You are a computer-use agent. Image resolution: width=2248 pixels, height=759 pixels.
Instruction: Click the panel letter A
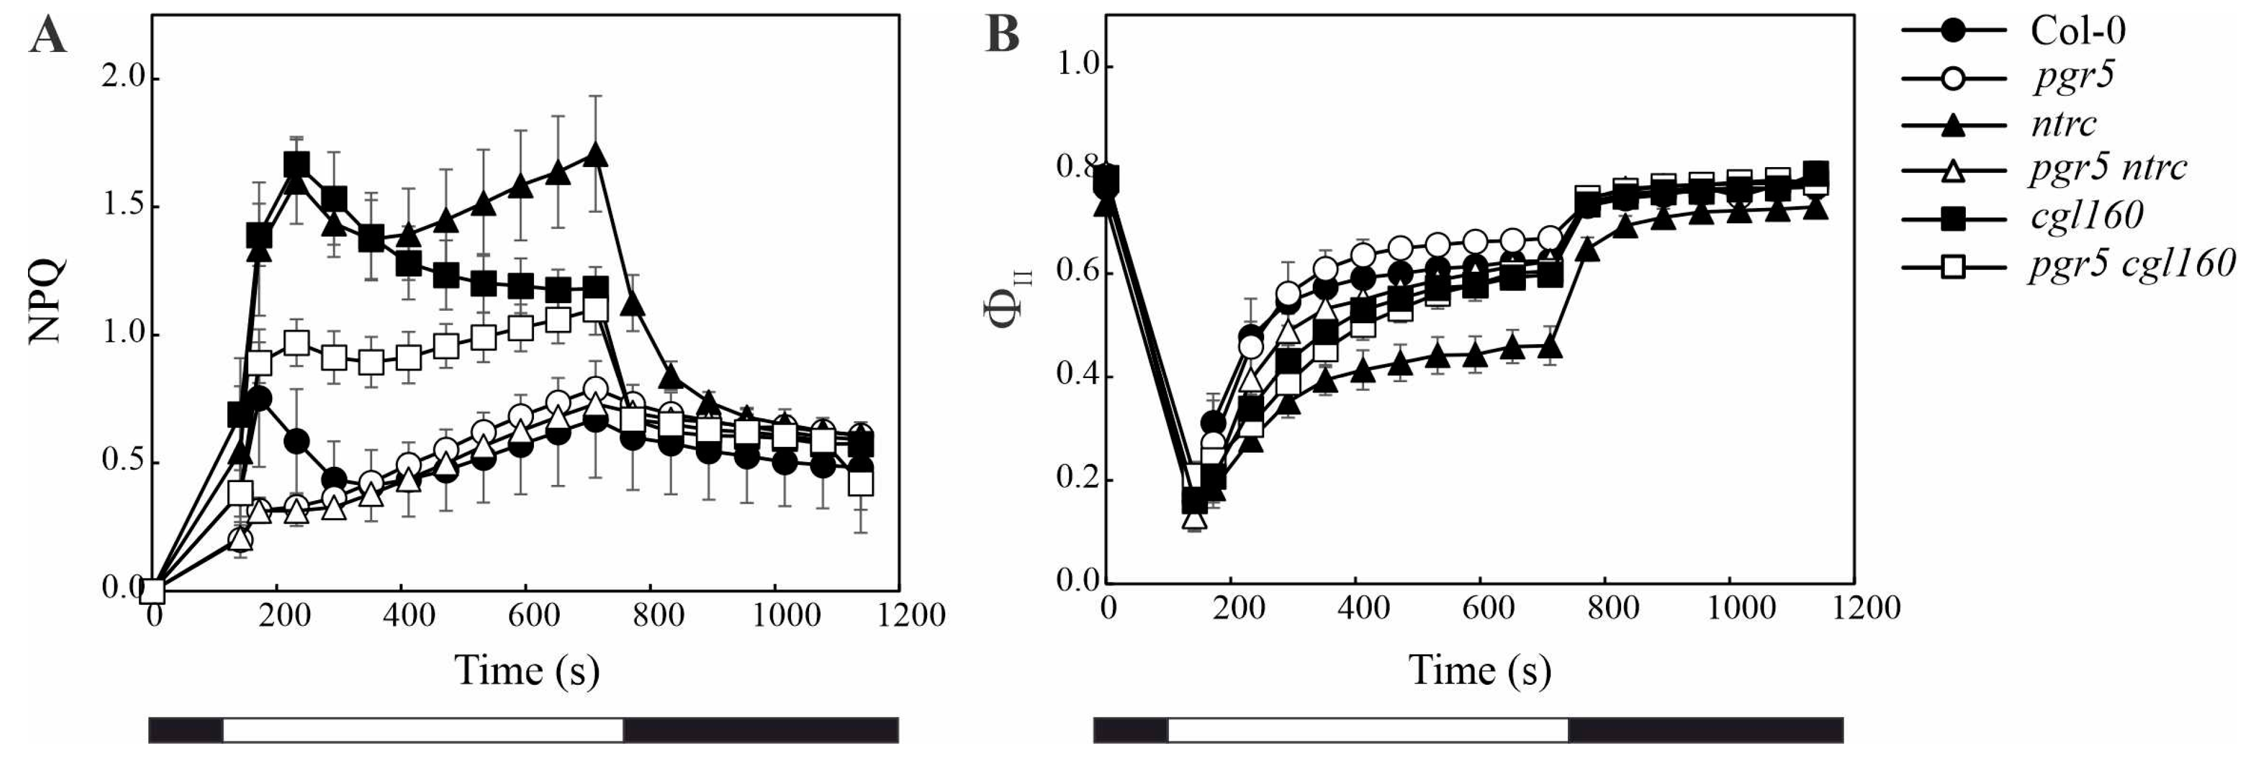47,37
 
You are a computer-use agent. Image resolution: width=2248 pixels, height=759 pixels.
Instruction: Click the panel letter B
1002,37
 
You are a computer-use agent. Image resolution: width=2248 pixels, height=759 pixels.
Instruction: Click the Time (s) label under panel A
526,671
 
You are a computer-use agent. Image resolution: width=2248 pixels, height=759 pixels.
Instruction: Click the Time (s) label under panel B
1480,671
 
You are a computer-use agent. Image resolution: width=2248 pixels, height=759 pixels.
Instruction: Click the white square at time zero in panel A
154,591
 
